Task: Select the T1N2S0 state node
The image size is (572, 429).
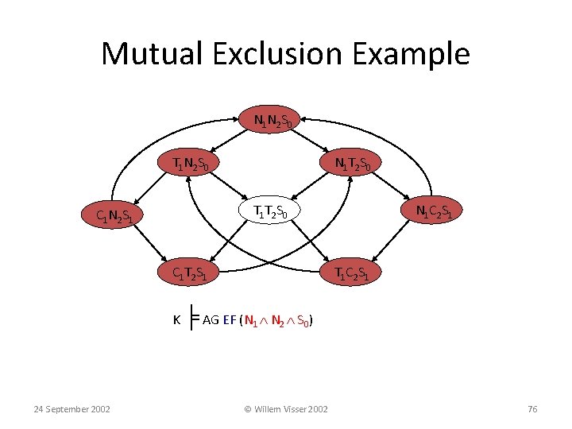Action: [x=192, y=164]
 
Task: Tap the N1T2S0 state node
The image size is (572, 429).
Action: [x=352, y=164]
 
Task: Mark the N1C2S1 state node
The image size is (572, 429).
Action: [x=434, y=211]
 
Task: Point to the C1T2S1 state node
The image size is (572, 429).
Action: [x=192, y=274]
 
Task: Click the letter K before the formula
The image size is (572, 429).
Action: [x=177, y=320]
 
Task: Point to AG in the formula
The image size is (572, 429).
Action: [x=211, y=320]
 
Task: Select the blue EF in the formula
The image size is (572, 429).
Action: [x=230, y=320]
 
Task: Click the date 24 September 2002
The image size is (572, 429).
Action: [x=71, y=409]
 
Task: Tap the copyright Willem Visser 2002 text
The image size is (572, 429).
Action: [x=285, y=409]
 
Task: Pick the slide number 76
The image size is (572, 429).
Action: [x=532, y=409]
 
